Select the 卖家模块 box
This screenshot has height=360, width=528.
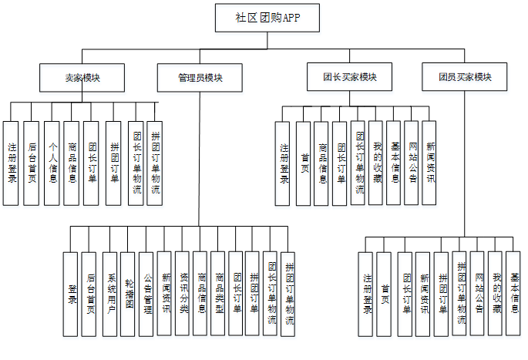coord(82,77)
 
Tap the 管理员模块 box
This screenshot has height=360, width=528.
coord(200,77)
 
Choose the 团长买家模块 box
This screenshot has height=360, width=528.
coord(349,77)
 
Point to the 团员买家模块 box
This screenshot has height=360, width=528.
coord(464,77)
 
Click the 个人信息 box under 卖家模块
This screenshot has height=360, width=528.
coord(52,163)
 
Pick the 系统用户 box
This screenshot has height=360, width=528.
coord(109,294)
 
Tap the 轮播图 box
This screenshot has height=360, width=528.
coord(127,294)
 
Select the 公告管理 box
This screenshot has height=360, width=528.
coord(146,294)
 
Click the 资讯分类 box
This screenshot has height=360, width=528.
coord(182,294)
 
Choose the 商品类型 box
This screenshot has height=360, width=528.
coord(218,294)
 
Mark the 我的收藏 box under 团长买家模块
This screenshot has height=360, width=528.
coord(375,163)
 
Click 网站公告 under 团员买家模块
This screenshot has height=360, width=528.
coord(477,294)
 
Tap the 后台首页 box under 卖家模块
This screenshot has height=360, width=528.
coord(32,163)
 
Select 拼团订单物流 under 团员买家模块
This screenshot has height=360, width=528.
coord(459,294)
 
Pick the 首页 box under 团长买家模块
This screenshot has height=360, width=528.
coord(304,163)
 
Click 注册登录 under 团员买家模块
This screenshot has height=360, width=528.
coord(367,294)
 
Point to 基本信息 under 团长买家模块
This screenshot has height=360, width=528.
coord(393,163)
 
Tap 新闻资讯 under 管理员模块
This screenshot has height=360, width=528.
coord(164,294)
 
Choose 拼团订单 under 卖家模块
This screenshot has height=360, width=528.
coord(113,163)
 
